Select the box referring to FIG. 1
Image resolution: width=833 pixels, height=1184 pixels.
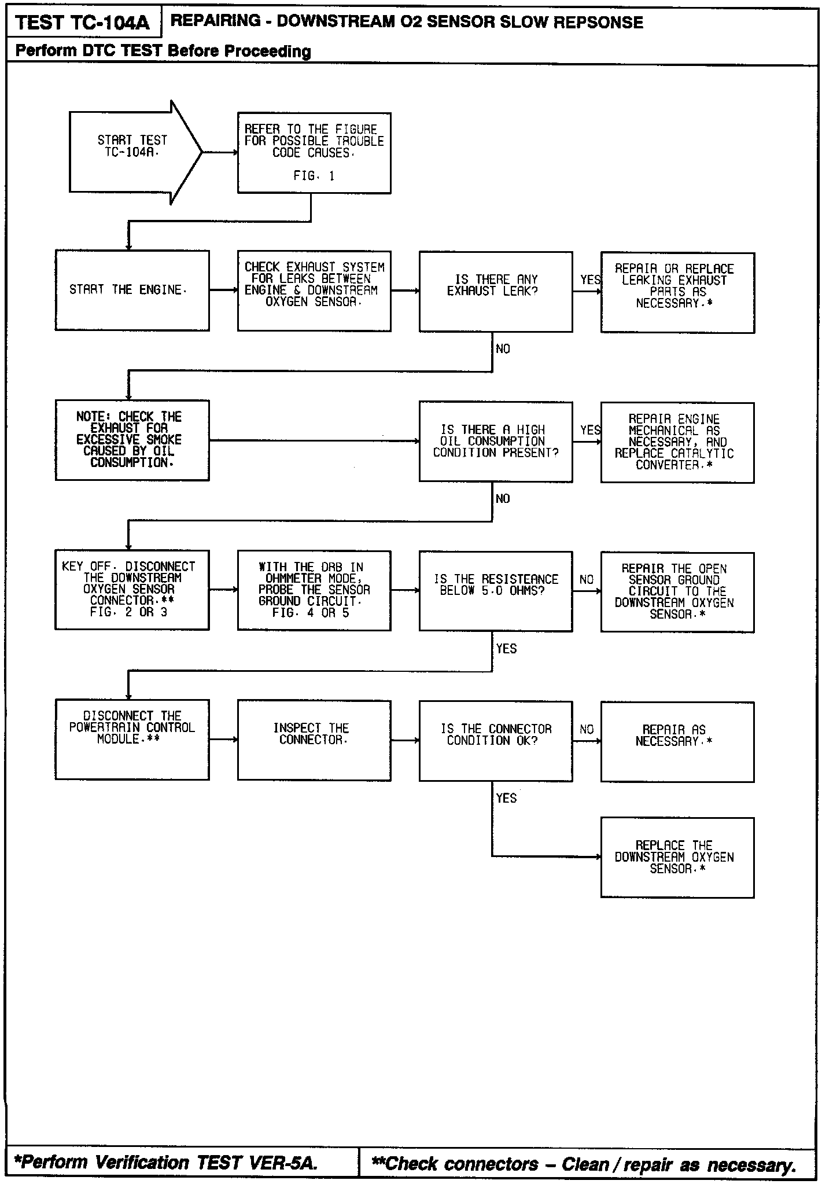click(314, 153)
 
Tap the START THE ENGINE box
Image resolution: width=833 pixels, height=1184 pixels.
click(132, 290)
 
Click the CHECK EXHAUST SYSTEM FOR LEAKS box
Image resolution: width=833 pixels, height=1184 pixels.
click(314, 291)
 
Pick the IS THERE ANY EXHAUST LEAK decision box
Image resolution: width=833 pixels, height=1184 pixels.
click(495, 291)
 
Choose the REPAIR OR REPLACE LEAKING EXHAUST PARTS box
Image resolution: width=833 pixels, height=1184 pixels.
click(677, 292)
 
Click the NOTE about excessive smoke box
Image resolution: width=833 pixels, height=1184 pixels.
click(132, 440)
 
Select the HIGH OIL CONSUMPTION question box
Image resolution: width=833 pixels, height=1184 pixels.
click(495, 441)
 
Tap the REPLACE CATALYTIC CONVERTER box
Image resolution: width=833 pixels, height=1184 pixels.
click(677, 442)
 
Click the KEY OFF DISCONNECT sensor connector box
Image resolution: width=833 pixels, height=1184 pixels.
click(132, 590)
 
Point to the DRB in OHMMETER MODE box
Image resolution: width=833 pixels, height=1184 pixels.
click(314, 590)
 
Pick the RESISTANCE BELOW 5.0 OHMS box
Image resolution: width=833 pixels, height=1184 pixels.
click(495, 591)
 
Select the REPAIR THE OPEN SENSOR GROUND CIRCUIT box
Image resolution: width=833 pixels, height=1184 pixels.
click(677, 592)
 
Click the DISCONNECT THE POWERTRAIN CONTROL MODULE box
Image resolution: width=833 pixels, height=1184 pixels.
click(132, 740)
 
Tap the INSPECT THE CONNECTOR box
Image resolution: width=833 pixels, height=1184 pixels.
click(314, 740)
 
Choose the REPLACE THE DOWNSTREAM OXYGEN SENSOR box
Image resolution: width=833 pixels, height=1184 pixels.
click(677, 857)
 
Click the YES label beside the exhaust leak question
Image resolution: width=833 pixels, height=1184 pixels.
click(590, 280)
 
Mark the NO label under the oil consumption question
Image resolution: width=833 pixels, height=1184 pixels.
click(503, 499)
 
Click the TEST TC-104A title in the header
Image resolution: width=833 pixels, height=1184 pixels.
click(82, 23)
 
